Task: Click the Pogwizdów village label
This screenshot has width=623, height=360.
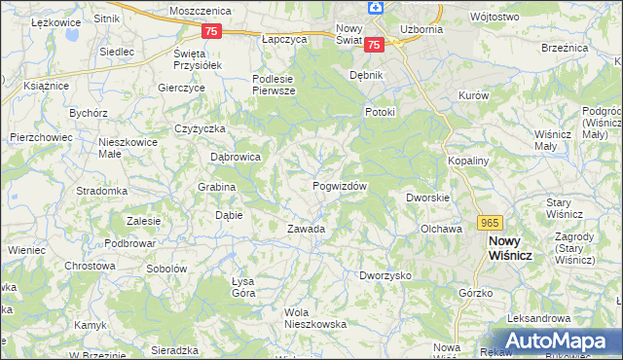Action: pos(339,186)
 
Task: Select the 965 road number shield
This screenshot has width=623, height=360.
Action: pos(490,223)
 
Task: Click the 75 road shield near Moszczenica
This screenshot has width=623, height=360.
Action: pos(213,31)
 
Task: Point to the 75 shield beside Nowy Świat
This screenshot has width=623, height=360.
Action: pos(375,44)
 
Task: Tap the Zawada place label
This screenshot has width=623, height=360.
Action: pos(305,230)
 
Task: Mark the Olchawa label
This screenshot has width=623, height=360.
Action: pos(440,229)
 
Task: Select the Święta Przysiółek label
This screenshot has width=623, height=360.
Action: pos(198,58)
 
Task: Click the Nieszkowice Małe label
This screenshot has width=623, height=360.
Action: pos(123,147)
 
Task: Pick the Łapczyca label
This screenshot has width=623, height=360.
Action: pos(284,40)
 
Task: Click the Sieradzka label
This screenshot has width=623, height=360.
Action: pos(175,349)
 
